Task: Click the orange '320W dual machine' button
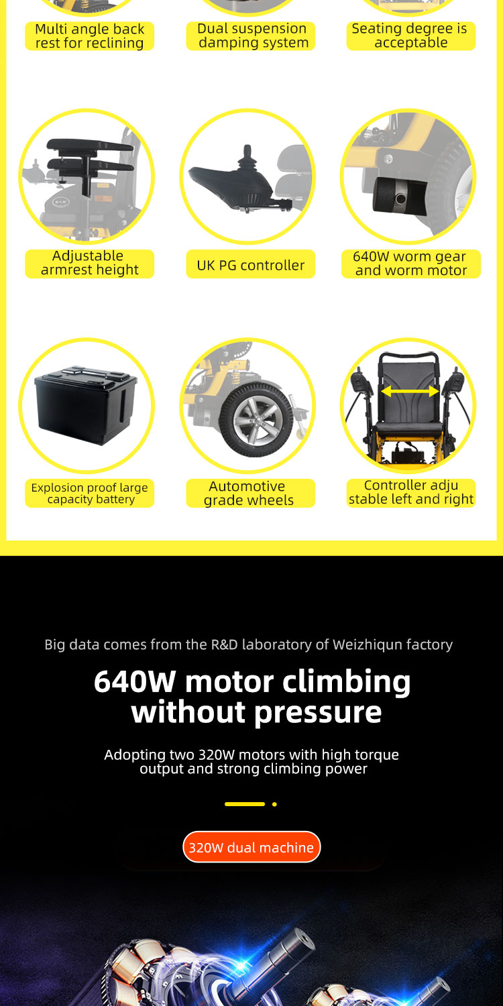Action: pyautogui.click(x=251, y=847)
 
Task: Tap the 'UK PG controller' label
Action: pyautogui.click(x=251, y=264)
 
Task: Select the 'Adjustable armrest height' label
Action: pyautogui.click(x=89, y=263)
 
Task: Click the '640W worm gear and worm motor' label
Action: pyautogui.click(x=411, y=264)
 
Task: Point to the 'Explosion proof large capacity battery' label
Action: pyautogui.click(x=89, y=493)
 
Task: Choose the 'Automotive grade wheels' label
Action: pyautogui.click(x=251, y=493)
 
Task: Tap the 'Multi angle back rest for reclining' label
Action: pyautogui.click(x=89, y=36)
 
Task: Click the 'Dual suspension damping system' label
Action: pyautogui.click(x=251, y=36)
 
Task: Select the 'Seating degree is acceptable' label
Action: pyautogui.click(x=411, y=36)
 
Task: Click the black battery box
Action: pyautogui.click(x=85, y=406)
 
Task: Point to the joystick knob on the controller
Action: pyautogui.click(x=247, y=157)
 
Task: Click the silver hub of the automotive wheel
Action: pyautogui.click(x=257, y=421)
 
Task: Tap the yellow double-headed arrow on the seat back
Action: pyautogui.click(x=410, y=392)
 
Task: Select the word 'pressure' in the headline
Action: pyautogui.click(x=317, y=713)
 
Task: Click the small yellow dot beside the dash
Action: pyautogui.click(x=274, y=804)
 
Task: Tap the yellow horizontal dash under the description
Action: pyautogui.click(x=245, y=804)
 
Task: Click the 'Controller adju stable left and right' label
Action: pyautogui.click(x=411, y=493)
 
